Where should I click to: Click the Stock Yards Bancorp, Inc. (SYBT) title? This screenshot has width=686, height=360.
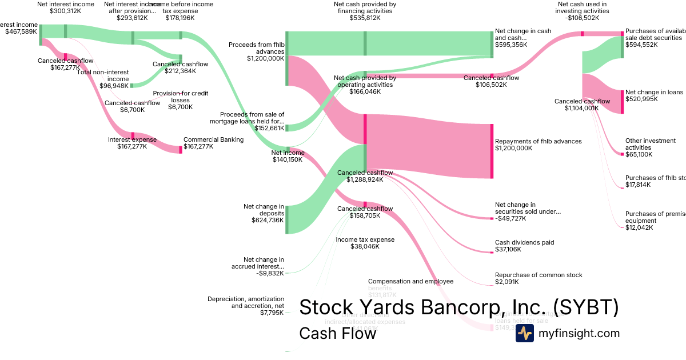click(x=458, y=307)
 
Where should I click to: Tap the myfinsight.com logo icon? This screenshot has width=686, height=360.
click(x=524, y=333)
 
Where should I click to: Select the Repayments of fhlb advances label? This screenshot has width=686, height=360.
click(x=538, y=141)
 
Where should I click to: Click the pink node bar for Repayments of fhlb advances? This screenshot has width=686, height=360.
click(x=492, y=151)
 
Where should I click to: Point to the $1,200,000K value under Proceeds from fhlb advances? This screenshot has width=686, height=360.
click(x=265, y=58)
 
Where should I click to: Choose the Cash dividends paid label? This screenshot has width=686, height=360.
click(x=524, y=242)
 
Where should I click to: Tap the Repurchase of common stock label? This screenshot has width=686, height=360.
click(x=539, y=275)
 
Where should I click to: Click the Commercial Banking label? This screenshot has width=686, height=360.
click(x=213, y=139)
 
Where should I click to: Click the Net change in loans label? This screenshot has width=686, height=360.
click(x=654, y=92)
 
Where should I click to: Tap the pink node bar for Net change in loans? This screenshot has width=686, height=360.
click(x=622, y=101)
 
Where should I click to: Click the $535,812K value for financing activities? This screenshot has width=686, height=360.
click(x=365, y=18)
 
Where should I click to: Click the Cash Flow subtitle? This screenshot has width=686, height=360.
click(x=337, y=333)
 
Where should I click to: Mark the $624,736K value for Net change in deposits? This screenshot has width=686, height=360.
click(x=268, y=220)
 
